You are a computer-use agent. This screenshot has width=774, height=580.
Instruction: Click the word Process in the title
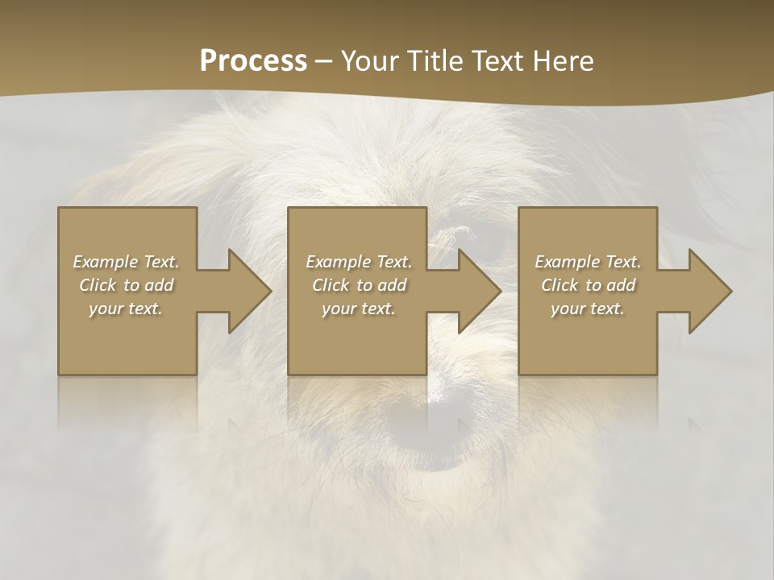(x=253, y=61)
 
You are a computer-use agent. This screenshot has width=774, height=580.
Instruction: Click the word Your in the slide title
(x=372, y=61)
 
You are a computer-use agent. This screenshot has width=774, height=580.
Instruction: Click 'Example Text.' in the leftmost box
(x=127, y=262)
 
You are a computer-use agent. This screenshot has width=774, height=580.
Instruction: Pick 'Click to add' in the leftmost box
(x=127, y=285)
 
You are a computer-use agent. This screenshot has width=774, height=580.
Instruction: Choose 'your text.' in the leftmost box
(x=126, y=309)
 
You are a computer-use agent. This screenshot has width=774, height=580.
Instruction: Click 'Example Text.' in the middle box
(x=359, y=262)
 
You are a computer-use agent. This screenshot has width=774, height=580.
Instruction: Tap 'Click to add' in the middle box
(x=359, y=285)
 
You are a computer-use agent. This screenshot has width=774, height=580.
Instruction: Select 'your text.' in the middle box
(x=358, y=309)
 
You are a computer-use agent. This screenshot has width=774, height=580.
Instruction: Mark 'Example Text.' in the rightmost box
(x=588, y=262)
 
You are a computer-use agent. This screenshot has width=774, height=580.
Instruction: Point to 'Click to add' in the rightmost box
(x=588, y=285)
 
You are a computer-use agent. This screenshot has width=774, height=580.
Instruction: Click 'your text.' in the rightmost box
(x=587, y=309)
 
